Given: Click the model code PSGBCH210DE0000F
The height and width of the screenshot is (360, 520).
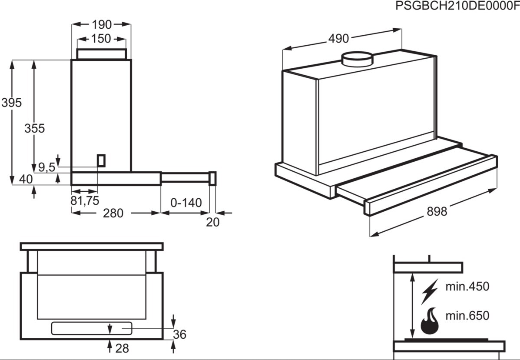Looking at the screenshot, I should [457, 6].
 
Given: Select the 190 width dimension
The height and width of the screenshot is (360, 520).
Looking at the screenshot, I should [102, 24].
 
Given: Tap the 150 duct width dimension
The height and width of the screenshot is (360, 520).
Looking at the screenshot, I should [101, 39].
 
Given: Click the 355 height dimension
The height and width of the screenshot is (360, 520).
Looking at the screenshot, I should [35, 129].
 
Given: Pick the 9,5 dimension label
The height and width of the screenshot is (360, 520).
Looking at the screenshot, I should [46, 167].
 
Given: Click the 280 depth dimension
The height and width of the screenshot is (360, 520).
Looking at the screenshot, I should [114, 213].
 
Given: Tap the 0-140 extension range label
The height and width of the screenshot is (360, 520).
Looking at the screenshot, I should [186, 203].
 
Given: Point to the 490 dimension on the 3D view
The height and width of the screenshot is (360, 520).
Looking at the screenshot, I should [338, 39].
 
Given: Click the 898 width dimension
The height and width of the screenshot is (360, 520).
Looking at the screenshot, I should [437, 211].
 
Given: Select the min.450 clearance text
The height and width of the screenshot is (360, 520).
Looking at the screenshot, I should [467, 287].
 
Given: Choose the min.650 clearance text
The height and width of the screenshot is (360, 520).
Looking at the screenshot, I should [467, 316].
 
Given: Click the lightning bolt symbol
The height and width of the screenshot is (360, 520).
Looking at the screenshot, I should [430, 291].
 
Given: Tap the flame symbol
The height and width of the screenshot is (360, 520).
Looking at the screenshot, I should [430, 321].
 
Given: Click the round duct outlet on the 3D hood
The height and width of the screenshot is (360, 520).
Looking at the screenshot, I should [357, 59].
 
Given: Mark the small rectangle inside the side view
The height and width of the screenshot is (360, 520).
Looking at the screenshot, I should [101, 160].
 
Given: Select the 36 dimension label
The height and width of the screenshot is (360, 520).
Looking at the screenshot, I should [179, 334].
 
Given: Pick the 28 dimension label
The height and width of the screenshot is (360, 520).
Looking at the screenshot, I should [122, 348].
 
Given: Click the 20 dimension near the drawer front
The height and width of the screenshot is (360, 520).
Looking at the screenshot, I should [213, 222].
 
